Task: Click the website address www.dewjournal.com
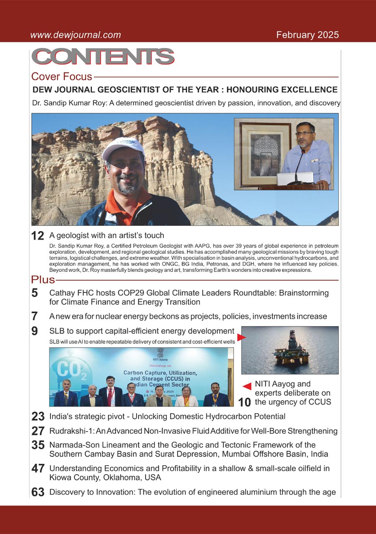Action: coord(75,35)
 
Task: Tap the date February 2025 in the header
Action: coord(307,35)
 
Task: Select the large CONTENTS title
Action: coord(103,57)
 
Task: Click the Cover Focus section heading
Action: coord(61,77)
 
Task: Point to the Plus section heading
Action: coord(43,279)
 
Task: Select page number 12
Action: coord(38,236)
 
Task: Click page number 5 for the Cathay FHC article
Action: coord(35,293)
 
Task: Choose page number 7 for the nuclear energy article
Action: coord(35,316)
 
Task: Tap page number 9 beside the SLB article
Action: coord(35,331)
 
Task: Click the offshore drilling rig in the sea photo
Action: coord(292,351)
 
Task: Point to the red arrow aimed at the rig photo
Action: coord(241,337)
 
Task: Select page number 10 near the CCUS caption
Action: coord(244,402)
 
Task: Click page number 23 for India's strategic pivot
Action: coord(38,416)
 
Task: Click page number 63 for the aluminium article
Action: coord(38,492)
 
